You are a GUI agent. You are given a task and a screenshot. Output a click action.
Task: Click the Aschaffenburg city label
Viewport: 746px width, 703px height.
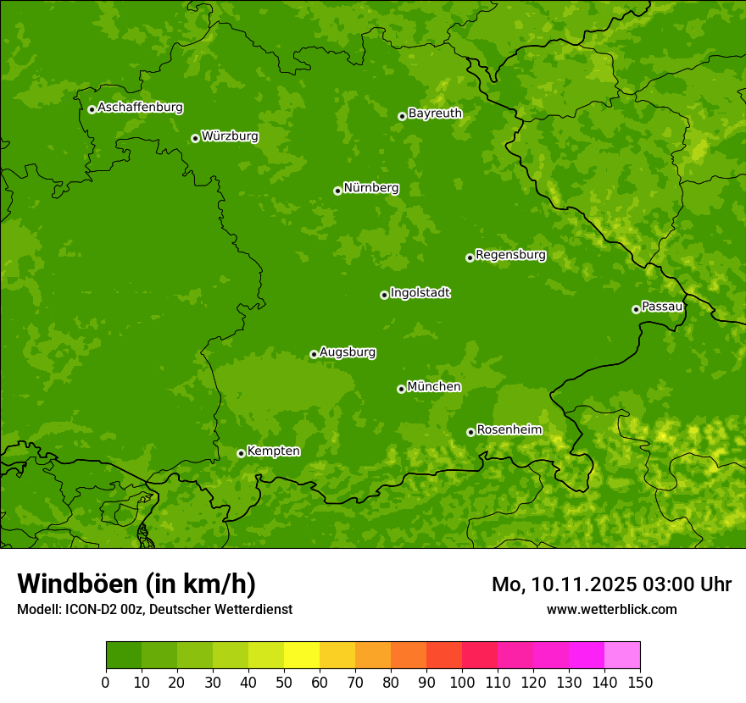point(140,108)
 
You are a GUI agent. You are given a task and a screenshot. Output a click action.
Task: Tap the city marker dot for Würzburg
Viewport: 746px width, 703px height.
point(195,138)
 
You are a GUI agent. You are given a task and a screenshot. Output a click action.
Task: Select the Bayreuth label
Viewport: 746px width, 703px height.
point(435,113)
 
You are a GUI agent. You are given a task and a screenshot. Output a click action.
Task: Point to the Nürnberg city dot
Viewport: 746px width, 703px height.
point(337,191)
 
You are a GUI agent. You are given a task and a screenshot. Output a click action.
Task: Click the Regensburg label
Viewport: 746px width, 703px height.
point(510,254)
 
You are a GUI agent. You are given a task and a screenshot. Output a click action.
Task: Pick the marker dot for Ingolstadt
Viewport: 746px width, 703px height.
point(384,295)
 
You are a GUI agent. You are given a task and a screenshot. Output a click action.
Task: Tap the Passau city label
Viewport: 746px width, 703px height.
point(662,306)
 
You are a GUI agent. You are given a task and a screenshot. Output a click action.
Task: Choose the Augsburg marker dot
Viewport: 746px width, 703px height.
point(314,354)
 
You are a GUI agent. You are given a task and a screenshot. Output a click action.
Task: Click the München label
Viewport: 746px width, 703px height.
point(434,386)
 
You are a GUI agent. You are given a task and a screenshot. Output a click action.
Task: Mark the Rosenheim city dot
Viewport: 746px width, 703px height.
point(470,432)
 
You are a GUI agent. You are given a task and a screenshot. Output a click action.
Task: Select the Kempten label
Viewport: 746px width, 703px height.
point(273,451)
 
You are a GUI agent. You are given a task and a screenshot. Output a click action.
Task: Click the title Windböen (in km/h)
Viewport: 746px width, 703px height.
point(136,584)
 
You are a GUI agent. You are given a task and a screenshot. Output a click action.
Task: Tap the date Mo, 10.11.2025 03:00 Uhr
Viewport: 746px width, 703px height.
point(611,584)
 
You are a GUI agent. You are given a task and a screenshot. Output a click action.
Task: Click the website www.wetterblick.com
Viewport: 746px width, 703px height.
point(611,609)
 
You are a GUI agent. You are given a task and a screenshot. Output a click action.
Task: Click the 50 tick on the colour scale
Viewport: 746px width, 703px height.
point(284,682)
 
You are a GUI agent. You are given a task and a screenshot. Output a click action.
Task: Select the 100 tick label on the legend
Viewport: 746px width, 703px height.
point(462,682)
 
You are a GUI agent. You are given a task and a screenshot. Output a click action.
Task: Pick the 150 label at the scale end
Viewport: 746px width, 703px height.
point(640,682)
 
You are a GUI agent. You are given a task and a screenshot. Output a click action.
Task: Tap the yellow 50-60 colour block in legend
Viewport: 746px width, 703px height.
point(302,656)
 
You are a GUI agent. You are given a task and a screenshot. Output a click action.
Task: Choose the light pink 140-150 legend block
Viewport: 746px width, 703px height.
point(622,656)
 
